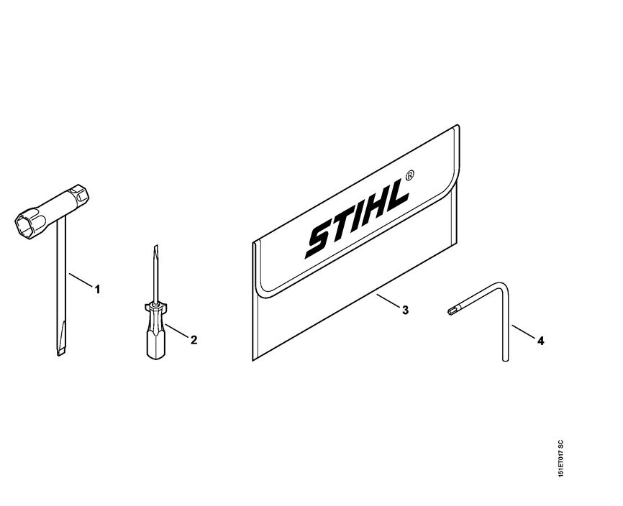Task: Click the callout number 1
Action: (x=97, y=289)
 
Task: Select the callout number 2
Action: (x=194, y=340)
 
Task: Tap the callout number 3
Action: (x=405, y=310)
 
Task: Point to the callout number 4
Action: (x=540, y=341)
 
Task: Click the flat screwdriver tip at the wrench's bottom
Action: (x=60, y=349)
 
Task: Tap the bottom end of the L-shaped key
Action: (x=505, y=359)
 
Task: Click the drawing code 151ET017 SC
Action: (x=560, y=459)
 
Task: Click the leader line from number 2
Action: (x=176, y=331)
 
